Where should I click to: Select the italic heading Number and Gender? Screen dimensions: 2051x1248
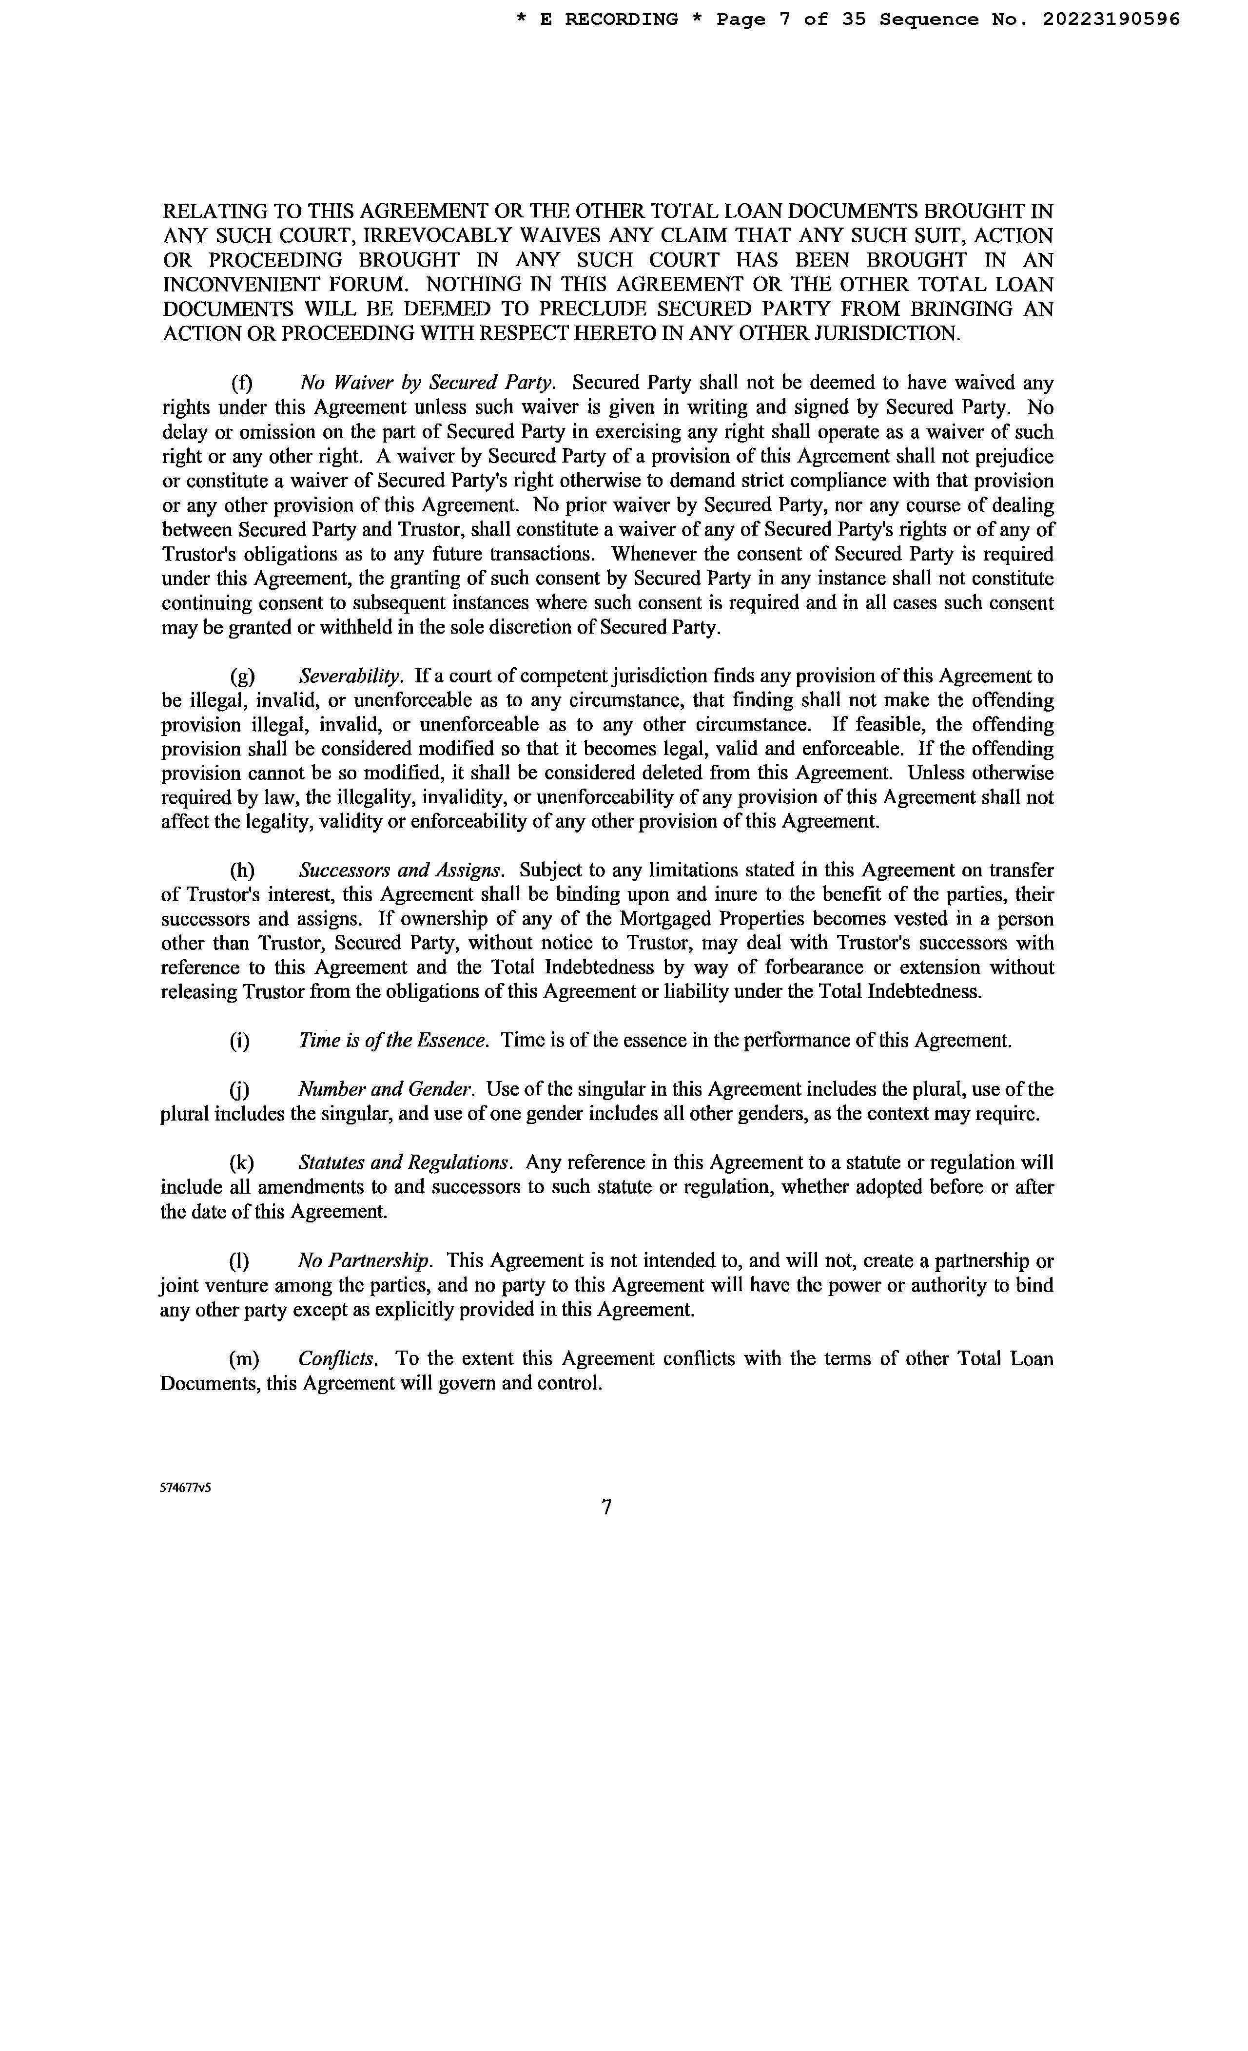tap(386, 1090)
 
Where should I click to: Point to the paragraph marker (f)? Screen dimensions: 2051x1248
tap(241, 383)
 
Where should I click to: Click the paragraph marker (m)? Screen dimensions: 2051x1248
tap(244, 1358)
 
